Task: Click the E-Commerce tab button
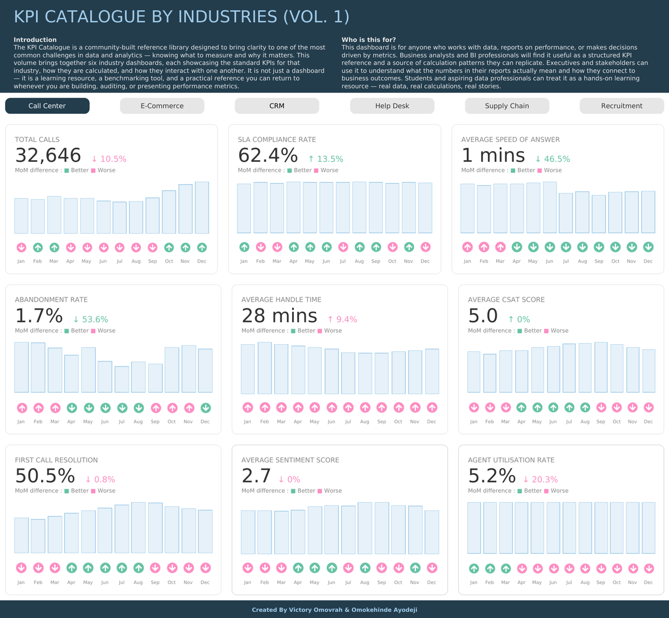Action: [162, 106]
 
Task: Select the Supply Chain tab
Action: [507, 106]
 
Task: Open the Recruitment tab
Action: [622, 106]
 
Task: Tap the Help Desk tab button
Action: [392, 106]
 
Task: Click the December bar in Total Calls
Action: [202, 207]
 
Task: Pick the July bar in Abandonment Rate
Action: [122, 379]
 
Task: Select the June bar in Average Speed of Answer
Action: [550, 207]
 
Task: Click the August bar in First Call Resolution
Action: [138, 528]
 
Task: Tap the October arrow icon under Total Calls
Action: [169, 248]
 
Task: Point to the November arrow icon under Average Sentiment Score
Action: [415, 568]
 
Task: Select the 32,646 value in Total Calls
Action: [48, 156]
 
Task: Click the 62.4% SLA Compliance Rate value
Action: [268, 156]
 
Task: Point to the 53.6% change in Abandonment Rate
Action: [91, 319]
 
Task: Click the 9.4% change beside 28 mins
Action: [343, 319]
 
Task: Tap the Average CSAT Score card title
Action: [506, 300]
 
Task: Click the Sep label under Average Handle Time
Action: [382, 422]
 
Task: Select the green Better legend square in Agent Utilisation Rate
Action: [520, 491]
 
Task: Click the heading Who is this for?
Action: [369, 40]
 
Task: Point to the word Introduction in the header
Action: [35, 40]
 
